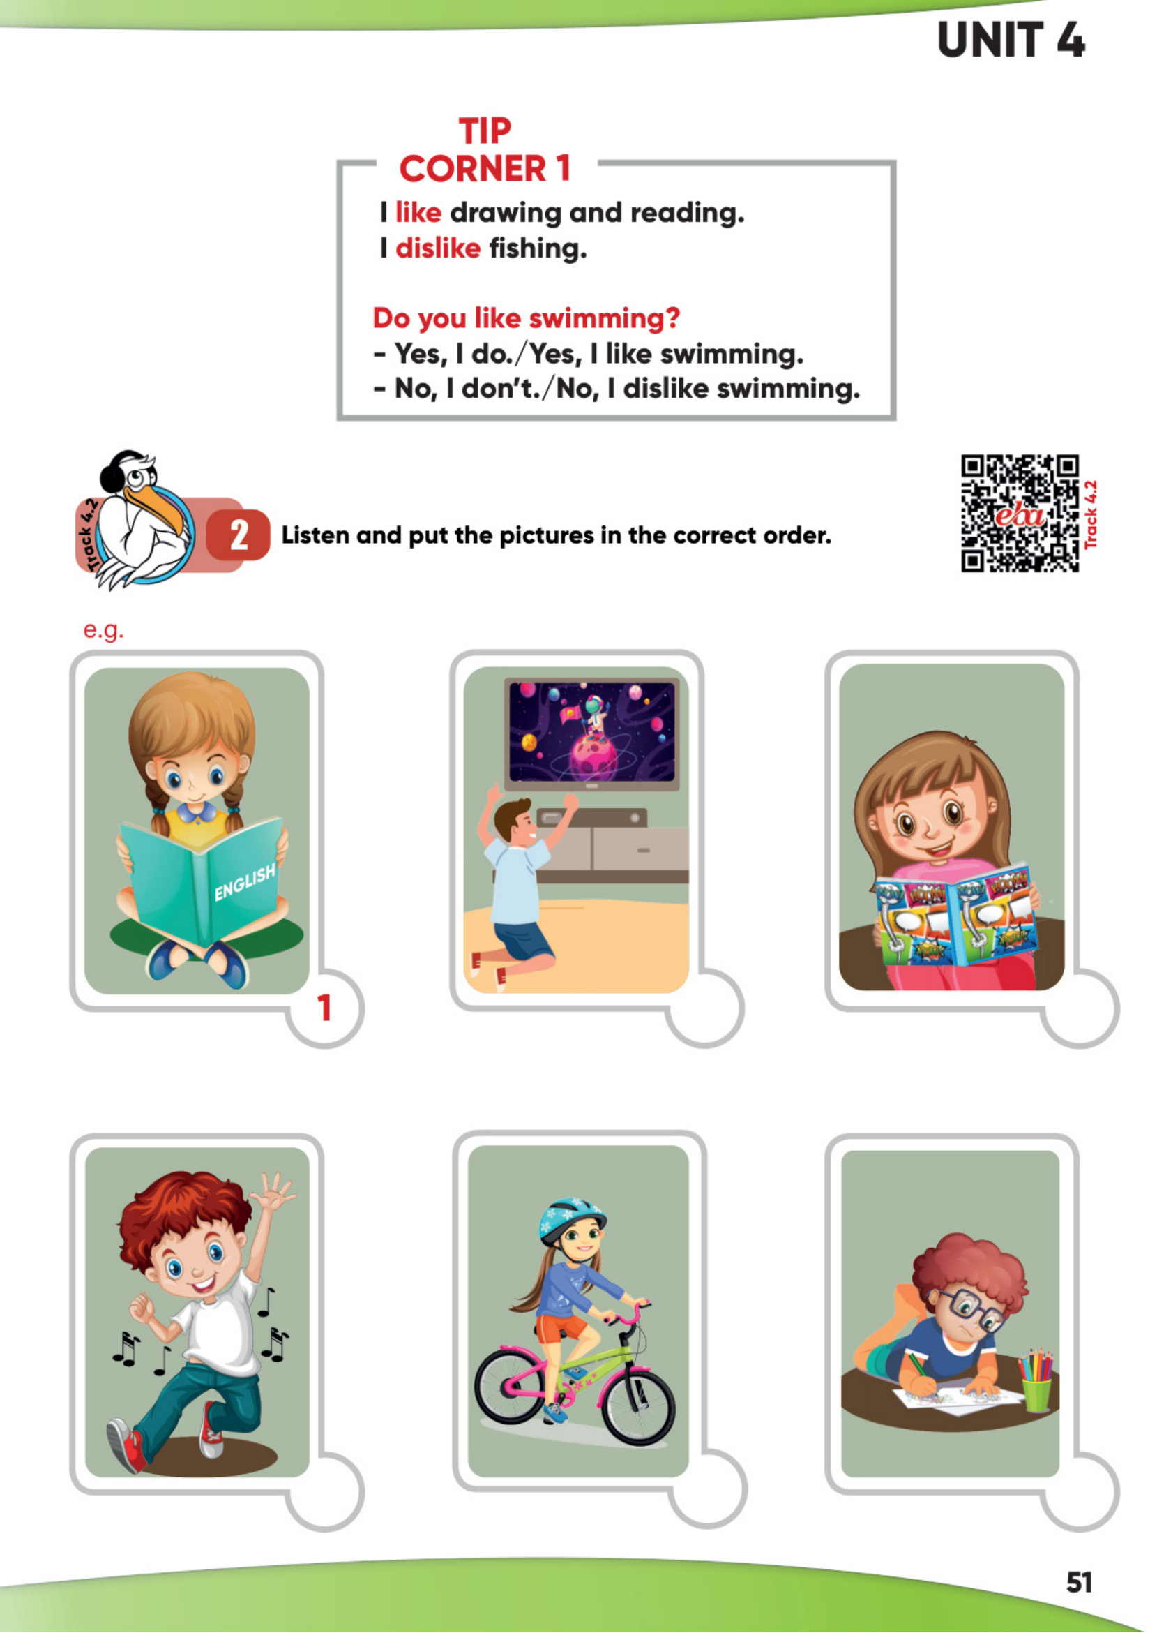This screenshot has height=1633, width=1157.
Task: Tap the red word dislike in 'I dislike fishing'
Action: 438,248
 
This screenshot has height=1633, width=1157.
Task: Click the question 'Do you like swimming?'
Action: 526,319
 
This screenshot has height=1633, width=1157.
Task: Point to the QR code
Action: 1020,513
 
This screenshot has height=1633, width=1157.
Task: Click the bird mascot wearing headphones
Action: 142,519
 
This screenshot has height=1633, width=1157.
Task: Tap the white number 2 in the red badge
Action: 239,535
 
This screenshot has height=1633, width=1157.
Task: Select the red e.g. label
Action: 103,631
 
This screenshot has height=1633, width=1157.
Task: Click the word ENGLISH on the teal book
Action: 244,882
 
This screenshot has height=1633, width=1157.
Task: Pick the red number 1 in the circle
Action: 325,1008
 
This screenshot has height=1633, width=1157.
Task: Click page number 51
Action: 1079,1581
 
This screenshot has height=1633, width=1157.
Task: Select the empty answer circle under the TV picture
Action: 704,1009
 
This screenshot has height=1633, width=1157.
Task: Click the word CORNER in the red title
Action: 473,169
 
